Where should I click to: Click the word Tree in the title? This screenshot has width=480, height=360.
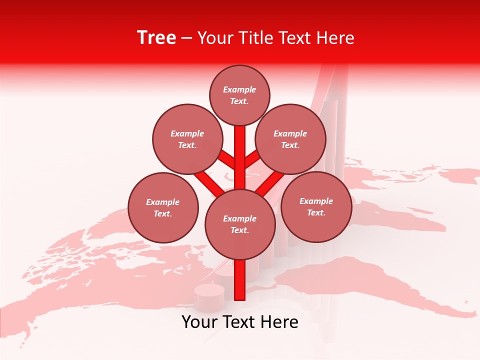(156, 38)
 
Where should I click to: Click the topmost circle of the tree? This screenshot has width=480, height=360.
(239, 95)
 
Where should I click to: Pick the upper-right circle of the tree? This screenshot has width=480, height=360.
(290, 139)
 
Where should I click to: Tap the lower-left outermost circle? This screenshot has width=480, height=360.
(163, 207)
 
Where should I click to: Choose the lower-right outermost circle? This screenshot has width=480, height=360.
(316, 206)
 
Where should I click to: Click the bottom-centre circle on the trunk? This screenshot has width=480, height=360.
(240, 224)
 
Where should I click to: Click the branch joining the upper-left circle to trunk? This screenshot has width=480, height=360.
(228, 160)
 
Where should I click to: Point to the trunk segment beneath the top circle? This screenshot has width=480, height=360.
(240, 150)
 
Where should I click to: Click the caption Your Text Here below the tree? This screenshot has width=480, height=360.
(240, 322)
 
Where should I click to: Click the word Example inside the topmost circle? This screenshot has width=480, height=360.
(239, 90)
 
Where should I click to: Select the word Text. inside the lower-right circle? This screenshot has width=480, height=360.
(316, 212)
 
